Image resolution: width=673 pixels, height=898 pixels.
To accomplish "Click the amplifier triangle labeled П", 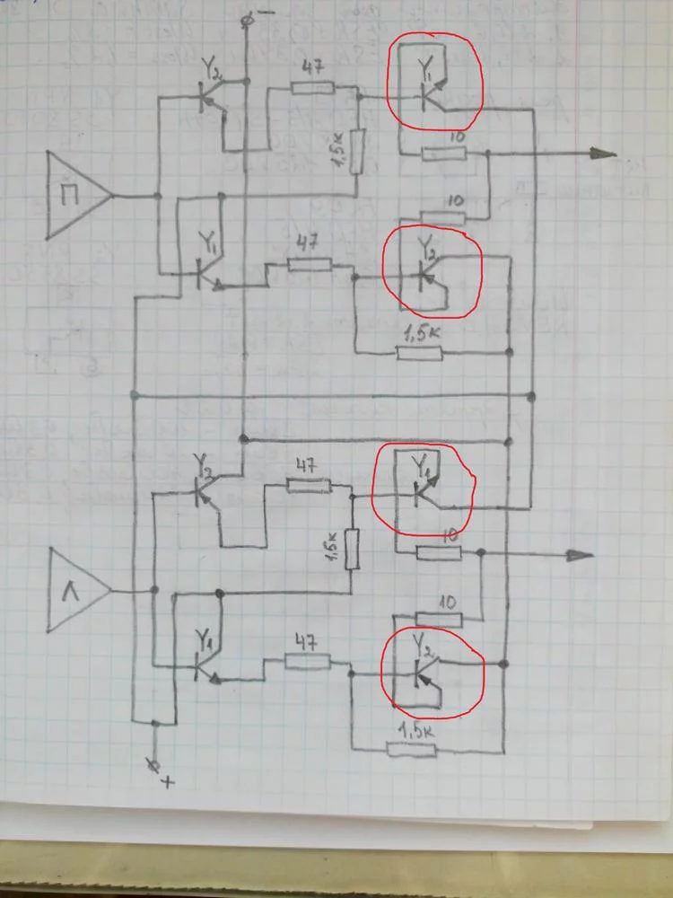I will coord(76,193).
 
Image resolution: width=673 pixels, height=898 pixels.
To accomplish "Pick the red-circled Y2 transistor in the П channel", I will coord(431,272).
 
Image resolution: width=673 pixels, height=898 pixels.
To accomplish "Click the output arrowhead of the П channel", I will coord(606,154).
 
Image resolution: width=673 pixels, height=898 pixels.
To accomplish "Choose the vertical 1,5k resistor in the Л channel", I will coord(352,549).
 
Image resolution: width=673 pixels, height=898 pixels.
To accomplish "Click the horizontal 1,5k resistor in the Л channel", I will coord(411,750).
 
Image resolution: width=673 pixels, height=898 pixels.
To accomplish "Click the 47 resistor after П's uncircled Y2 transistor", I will coord(311,88).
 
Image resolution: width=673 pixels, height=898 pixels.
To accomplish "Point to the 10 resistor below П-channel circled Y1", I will coord(443,154).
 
